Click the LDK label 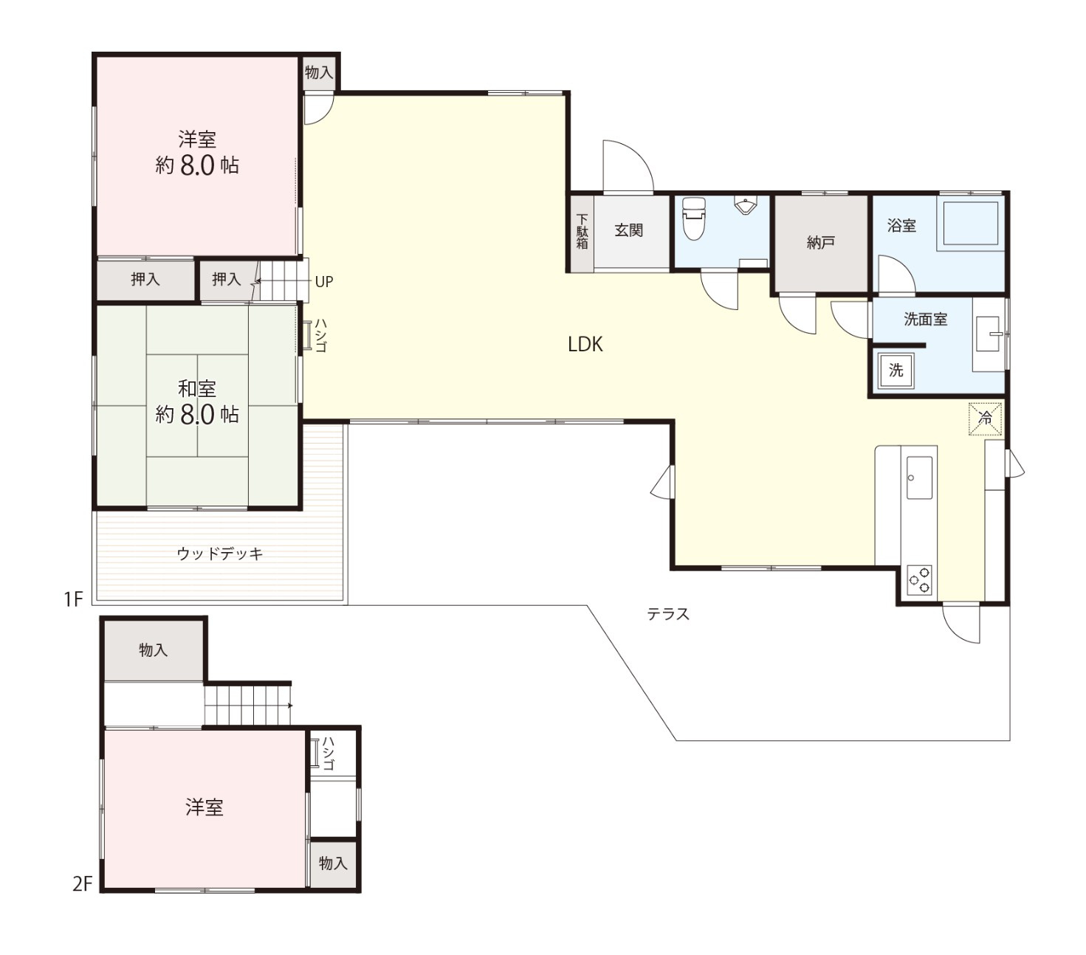point(585,344)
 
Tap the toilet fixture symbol point(694,218)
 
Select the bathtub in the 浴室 point(969,223)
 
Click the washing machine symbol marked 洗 point(896,370)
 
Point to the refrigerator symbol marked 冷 point(986,418)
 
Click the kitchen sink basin point(919,477)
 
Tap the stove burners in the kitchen point(919,580)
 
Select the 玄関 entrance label point(628,230)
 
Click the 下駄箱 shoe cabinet point(582,233)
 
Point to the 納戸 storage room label point(821,243)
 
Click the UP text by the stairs point(324,281)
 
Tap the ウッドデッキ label point(220,554)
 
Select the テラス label point(668,613)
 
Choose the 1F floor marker point(73,599)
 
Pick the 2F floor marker point(83,883)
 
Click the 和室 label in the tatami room point(196,388)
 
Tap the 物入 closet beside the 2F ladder point(333,863)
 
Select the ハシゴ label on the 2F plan point(329,753)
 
